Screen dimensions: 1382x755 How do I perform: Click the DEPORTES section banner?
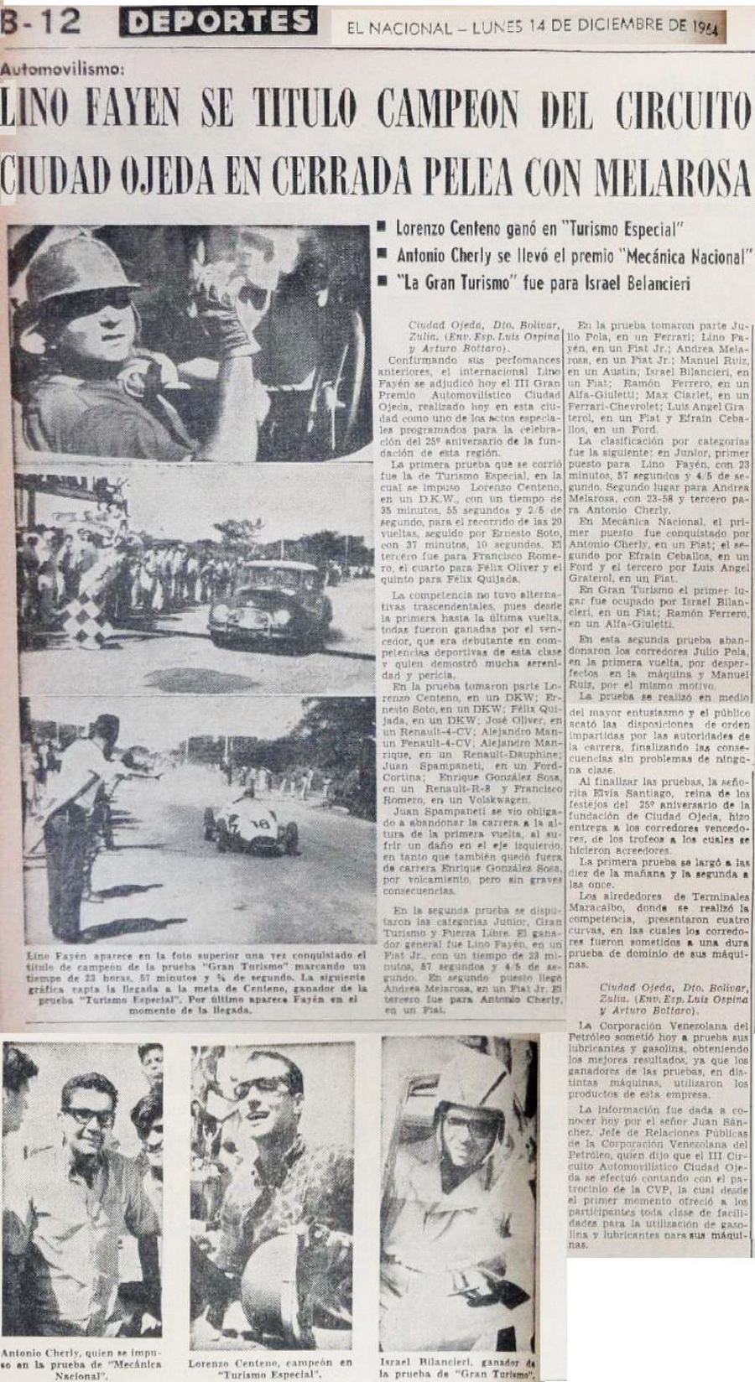218,20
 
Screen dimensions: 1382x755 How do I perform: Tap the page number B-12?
41,21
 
